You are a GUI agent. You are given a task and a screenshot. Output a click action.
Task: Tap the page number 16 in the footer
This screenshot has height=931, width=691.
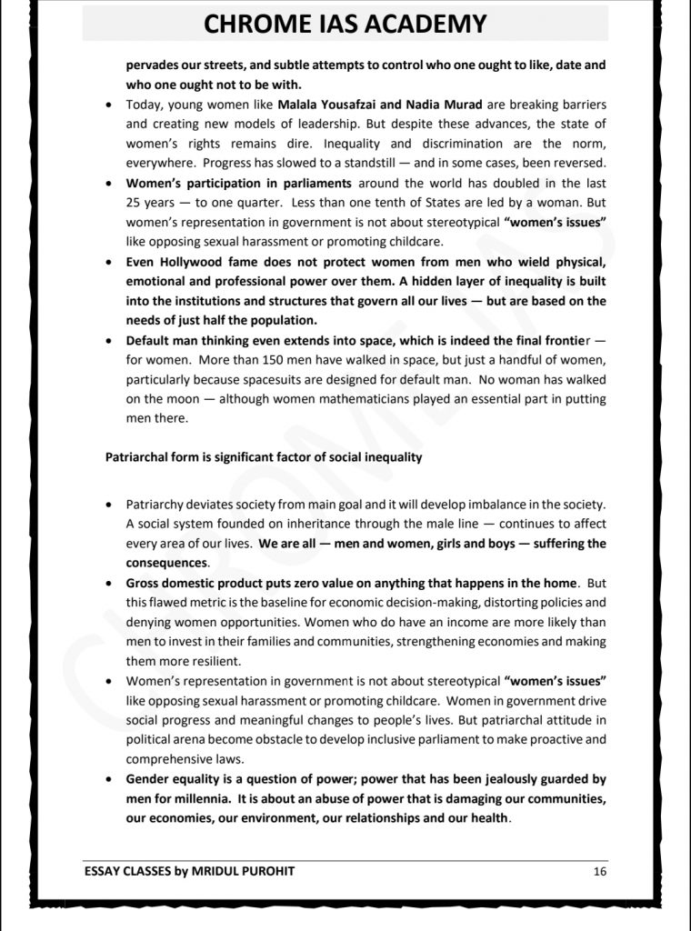click(x=599, y=871)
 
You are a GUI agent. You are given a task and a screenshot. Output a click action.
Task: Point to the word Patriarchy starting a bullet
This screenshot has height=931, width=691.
click(x=158, y=505)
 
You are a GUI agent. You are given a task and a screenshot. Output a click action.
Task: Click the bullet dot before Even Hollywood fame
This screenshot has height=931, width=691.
click(x=108, y=263)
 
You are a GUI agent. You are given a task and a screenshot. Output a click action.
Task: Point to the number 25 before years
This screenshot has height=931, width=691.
click(x=134, y=203)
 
